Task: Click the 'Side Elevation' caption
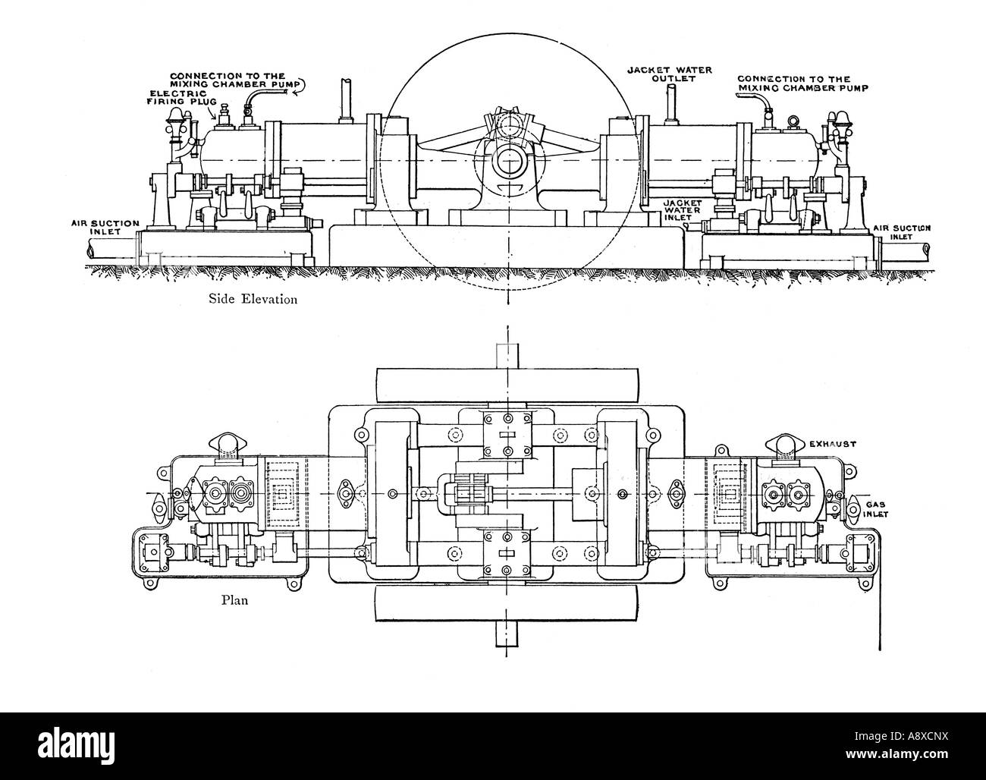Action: pyautogui.click(x=253, y=299)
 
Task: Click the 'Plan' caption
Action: pyautogui.click(x=234, y=600)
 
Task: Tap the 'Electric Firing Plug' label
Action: pyautogui.click(x=181, y=97)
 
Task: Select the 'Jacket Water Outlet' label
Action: pyautogui.click(x=670, y=74)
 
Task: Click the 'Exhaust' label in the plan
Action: pyautogui.click(x=833, y=444)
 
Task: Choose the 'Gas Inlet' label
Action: pyautogui.click(x=875, y=509)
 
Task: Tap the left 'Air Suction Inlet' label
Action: pyautogui.click(x=105, y=228)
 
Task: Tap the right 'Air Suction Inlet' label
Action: pyautogui.click(x=902, y=232)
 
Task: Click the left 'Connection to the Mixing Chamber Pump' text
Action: pyautogui.click(x=234, y=80)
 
